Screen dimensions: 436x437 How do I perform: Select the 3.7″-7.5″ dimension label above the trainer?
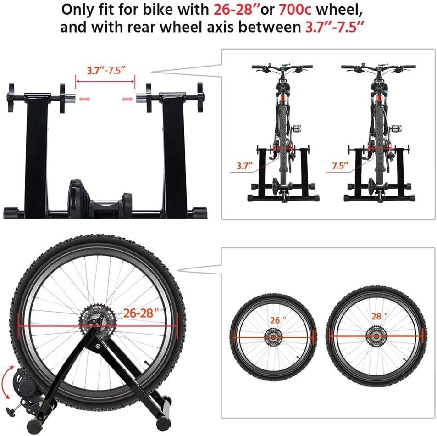pyautogui.click(x=106, y=71)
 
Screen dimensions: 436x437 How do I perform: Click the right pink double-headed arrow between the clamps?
pyautogui.click(x=128, y=99)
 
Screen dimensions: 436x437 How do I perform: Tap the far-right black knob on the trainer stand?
pyautogui.click(x=200, y=98)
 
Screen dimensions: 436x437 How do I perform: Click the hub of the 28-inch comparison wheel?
pyautogui.click(x=376, y=336)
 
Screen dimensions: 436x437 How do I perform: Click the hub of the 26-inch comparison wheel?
pyautogui.click(x=273, y=337)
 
